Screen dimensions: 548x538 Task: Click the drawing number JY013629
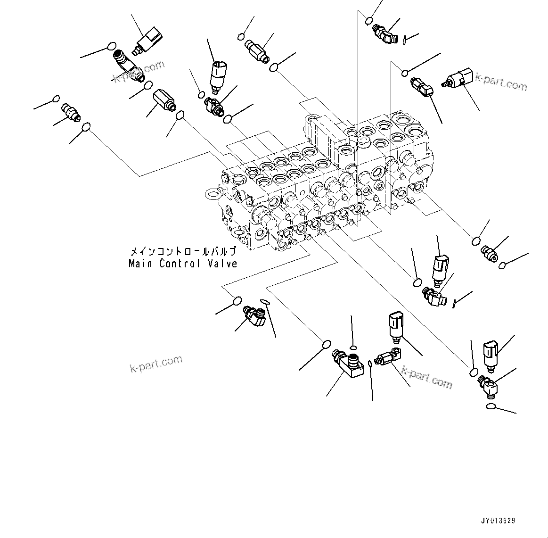[498, 521]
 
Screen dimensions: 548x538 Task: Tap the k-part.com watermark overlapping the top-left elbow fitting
[139, 71]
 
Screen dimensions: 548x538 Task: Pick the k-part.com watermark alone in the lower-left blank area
[155, 364]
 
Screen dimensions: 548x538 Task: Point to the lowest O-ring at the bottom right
[490, 406]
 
